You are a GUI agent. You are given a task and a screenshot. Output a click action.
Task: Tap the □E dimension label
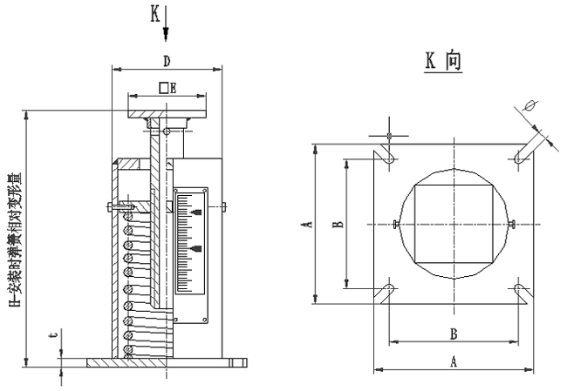click(x=167, y=88)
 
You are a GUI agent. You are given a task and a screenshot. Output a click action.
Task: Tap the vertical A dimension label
click(x=306, y=224)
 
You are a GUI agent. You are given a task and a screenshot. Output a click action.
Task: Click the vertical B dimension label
click(x=338, y=222)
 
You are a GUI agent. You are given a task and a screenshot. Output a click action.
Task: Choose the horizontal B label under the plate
click(x=454, y=333)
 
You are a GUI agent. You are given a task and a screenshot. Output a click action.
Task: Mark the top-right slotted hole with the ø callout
click(x=521, y=155)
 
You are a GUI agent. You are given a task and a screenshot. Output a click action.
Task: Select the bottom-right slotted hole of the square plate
click(x=521, y=290)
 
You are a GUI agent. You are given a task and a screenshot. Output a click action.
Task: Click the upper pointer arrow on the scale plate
click(x=195, y=212)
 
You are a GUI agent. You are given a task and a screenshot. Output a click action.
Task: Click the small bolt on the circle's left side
click(x=397, y=225)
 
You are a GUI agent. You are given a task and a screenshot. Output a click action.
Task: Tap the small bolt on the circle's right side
click(x=512, y=225)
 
